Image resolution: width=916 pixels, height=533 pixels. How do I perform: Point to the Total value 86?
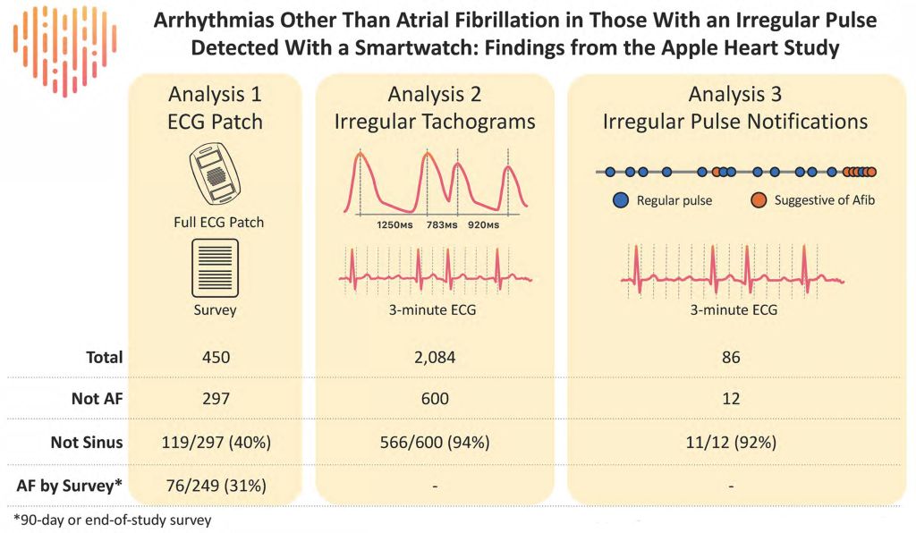pyautogui.click(x=731, y=358)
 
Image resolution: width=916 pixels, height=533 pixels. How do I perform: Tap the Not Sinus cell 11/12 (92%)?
pyautogui.click(x=731, y=441)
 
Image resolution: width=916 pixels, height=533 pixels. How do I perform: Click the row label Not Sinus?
pyautogui.click(x=87, y=441)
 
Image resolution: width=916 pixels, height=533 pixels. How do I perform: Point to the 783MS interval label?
pyautogui.click(x=441, y=226)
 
